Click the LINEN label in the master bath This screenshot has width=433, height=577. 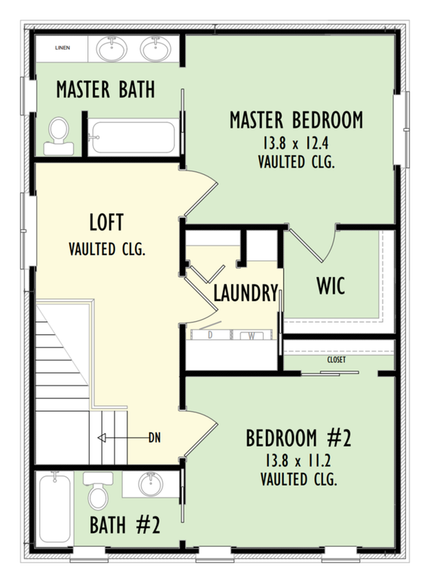[63, 48]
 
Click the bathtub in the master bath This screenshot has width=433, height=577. [132, 137]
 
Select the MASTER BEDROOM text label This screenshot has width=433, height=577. [296, 120]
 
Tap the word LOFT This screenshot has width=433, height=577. [106, 223]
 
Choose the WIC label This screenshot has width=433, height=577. [331, 286]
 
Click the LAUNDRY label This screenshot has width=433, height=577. [245, 293]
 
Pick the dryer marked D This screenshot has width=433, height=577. [209, 335]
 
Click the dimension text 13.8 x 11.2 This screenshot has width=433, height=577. [298, 460]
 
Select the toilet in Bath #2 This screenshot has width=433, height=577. [97, 492]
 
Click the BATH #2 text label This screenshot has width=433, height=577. [125, 524]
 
